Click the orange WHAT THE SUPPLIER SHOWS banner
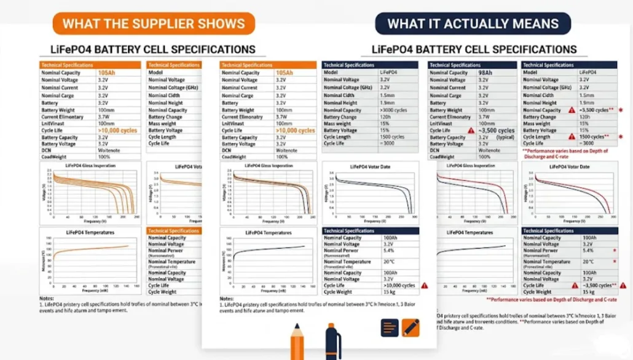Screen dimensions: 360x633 (x=154, y=24)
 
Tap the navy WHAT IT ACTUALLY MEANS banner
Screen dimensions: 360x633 (x=473, y=24)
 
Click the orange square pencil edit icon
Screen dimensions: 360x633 (x=411, y=327)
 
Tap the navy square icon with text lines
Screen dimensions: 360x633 (x=390, y=327)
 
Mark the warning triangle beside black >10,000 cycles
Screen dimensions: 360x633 (x=424, y=286)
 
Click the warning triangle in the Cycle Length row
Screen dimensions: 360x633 (x=572, y=137)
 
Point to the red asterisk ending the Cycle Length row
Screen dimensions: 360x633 (x=616, y=137)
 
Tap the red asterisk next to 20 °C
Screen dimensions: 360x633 (x=614, y=262)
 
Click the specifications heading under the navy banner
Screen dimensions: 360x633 (x=474, y=49)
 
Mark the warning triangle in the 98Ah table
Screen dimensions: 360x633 (x=471, y=130)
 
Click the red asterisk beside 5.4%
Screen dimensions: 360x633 (x=614, y=251)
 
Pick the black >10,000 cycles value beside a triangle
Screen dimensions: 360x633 (x=399, y=286)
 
